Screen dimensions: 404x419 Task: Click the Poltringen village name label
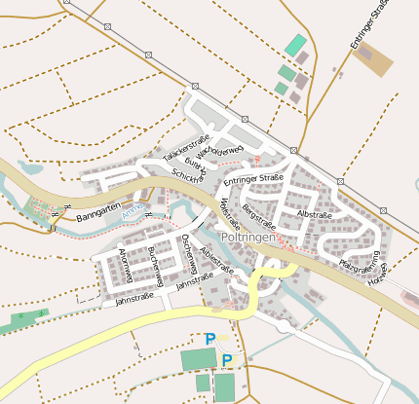point(251,237)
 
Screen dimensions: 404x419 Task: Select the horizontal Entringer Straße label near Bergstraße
point(252,179)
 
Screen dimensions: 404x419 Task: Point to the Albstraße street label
point(315,213)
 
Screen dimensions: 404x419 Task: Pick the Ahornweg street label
point(125,265)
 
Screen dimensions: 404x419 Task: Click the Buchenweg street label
point(154,265)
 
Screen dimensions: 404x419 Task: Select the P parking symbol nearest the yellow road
point(209,339)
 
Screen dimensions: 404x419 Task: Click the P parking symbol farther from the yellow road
point(227,360)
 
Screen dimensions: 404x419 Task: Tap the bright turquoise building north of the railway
point(294,45)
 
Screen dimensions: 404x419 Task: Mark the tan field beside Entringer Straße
point(374,59)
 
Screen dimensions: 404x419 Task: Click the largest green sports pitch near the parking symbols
point(199,359)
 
